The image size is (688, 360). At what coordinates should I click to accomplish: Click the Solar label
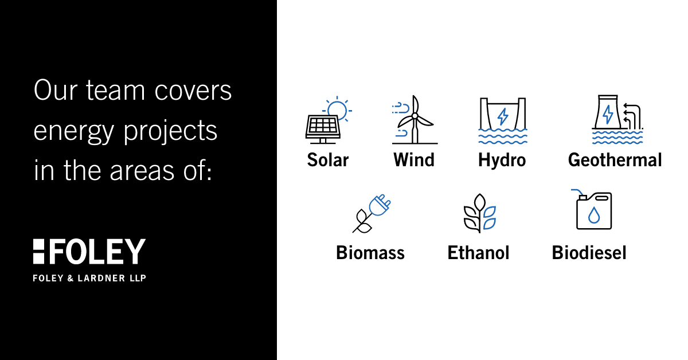click(328, 160)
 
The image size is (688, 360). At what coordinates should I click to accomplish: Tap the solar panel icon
click(323, 129)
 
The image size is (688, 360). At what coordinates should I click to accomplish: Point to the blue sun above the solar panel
click(338, 109)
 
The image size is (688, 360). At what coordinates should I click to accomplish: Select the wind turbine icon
click(415, 120)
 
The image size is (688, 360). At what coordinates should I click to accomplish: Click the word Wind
click(414, 160)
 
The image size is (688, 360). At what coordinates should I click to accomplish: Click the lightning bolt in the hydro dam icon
click(503, 116)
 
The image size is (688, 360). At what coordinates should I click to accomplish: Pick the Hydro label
click(502, 161)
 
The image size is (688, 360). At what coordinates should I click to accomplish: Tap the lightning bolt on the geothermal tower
click(608, 114)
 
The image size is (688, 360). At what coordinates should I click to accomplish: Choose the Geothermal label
click(615, 160)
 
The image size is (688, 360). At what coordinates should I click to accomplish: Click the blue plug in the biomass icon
click(380, 205)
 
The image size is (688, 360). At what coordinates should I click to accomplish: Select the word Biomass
click(370, 253)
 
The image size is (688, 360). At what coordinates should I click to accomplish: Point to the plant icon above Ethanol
click(479, 213)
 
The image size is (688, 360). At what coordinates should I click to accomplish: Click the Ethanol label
click(478, 253)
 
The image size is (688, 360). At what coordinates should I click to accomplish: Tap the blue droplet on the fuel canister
click(594, 215)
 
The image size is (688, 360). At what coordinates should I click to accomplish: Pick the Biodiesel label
click(589, 253)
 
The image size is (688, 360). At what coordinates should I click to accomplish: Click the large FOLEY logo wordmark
click(97, 252)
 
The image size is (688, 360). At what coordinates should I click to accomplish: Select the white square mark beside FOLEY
click(39, 252)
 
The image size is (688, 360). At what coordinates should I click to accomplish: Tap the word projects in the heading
click(170, 131)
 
